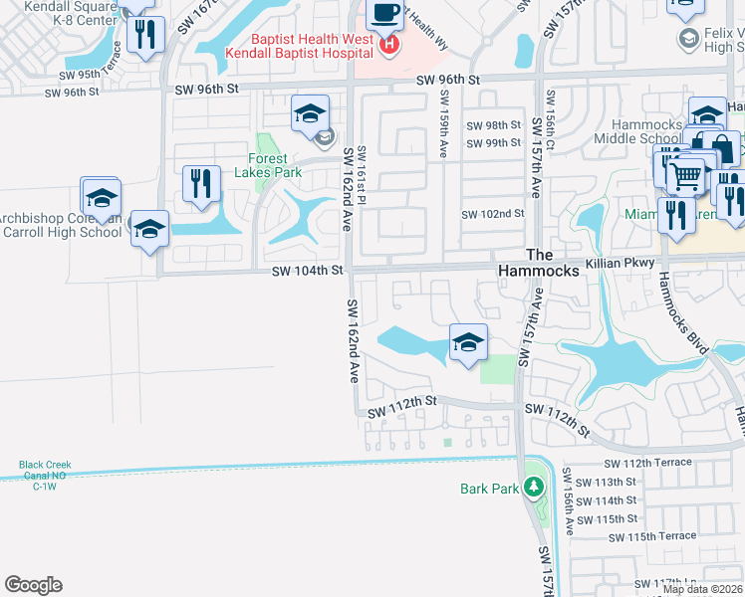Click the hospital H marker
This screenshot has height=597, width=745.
coord(390,44)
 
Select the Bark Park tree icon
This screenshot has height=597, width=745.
coord(534,488)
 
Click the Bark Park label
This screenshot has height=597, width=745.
coord(490,489)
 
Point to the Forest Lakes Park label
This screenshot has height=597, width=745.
coord(267,165)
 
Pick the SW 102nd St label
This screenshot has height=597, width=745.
coord(492,214)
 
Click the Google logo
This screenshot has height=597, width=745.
coord(33,585)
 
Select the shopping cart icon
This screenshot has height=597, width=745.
coord(685,176)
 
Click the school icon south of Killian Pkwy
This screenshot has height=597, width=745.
coord(468,342)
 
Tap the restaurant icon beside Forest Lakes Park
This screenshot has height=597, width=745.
coord(202,183)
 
